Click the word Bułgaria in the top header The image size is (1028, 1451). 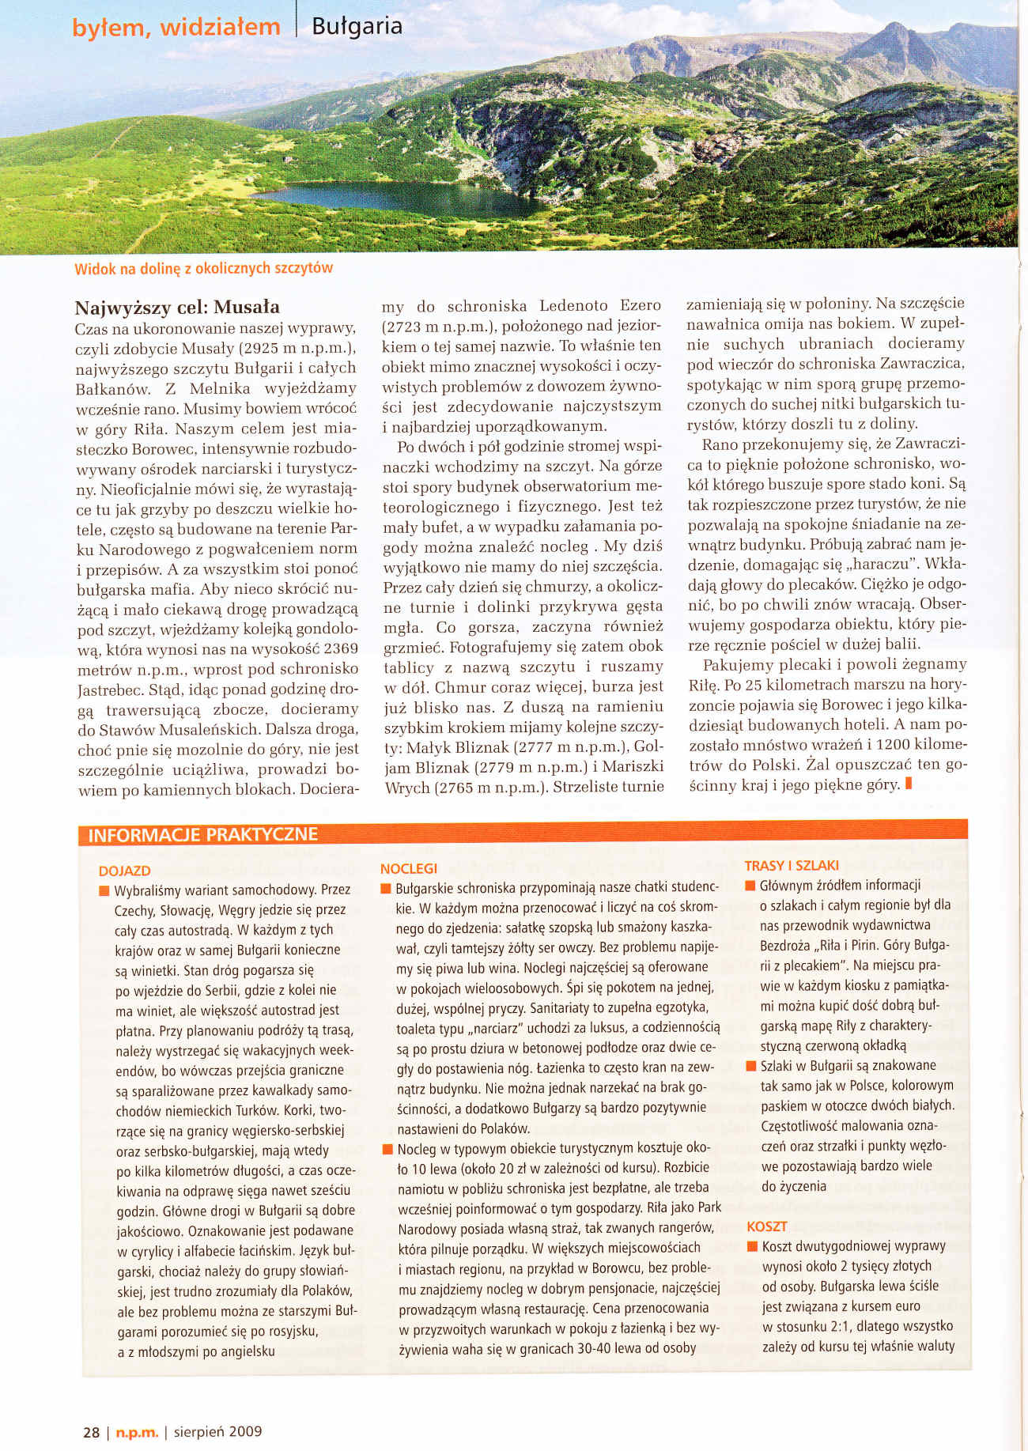[357, 26]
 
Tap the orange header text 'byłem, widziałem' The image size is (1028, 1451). [176, 28]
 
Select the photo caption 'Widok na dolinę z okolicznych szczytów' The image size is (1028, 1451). [203, 268]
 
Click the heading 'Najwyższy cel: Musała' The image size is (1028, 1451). [177, 307]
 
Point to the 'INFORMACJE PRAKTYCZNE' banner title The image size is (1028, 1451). [202, 835]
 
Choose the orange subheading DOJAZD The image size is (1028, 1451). [124, 871]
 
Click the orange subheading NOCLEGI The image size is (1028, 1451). [408, 868]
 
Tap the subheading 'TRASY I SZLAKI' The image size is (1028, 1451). [792, 866]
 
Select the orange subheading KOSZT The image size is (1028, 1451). [766, 1226]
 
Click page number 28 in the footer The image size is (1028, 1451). [92, 1431]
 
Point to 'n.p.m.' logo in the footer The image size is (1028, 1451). [137, 1431]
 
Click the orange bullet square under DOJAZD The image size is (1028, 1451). [103, 891]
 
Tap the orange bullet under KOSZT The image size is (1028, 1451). [751, 1247]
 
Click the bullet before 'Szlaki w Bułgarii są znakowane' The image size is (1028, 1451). [750, 1066]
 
